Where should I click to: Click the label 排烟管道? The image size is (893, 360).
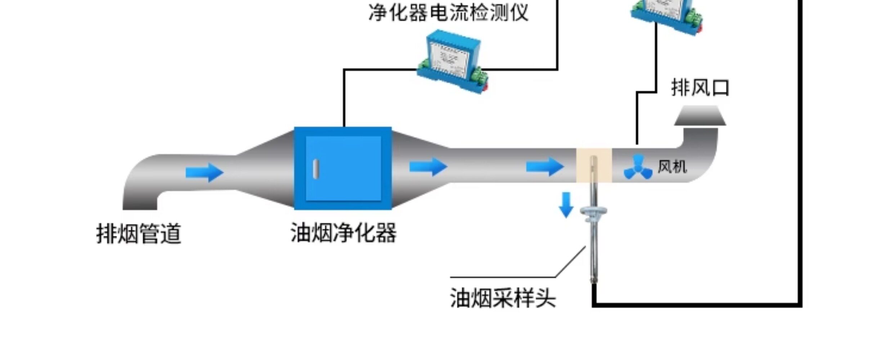click(139, 234)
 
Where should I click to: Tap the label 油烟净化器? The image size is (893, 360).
click(344, 233)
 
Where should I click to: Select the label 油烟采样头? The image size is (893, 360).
click(503, 298)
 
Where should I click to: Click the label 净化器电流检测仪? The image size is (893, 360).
click(449, 12)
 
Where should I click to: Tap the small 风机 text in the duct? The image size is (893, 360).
click(672, 167)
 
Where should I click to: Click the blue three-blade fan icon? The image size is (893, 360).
click(638, 167)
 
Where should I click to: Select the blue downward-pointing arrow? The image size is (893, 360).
click(566, 205)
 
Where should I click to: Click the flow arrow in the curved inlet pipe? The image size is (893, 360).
click(205, 172)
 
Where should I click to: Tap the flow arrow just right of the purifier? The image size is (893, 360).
click(428, 167)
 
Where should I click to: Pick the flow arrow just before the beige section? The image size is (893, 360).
click(545, 167)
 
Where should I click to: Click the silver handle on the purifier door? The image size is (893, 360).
click(316, 169)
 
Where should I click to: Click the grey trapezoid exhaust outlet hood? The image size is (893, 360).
click(700, 116)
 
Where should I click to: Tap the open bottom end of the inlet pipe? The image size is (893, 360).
click(140, 208)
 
